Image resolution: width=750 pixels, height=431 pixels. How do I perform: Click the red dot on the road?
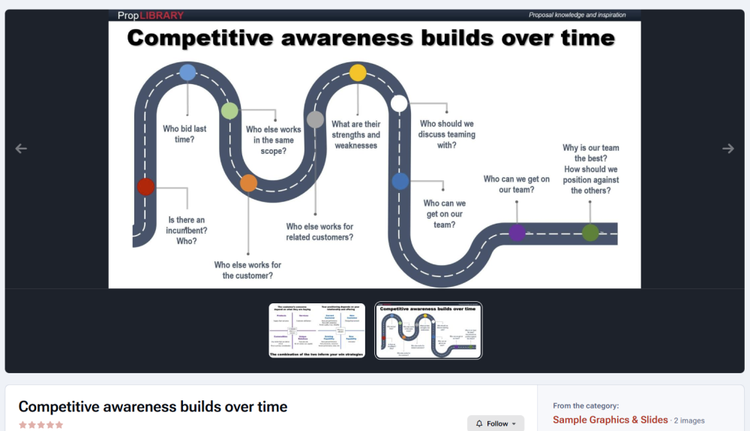click(x=145, y=187)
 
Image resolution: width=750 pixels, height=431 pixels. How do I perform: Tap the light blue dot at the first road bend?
click(x=187, y=73)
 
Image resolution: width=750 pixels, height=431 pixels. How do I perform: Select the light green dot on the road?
click(x=229, y=111)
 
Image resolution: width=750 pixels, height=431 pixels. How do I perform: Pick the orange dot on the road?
click(x=248, y=182)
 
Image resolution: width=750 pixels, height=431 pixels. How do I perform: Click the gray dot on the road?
click(x=315, y=119)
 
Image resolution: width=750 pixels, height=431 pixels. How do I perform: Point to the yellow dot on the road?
click(x=358, y=73)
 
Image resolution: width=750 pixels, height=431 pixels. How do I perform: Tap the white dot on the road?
click(x=399, y=104)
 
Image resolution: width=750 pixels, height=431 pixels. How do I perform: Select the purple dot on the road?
click(x=517, y=233)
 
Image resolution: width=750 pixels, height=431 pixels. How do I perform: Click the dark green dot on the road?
click(x=590, y=233)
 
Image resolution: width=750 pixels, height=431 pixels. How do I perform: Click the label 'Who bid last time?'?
click(x=184, y=134)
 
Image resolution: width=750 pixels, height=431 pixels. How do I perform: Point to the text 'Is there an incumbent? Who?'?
click(x=187, y=231)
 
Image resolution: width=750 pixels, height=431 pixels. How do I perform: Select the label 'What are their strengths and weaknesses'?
click(x=356, y=134)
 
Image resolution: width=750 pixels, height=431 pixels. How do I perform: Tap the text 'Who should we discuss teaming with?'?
click(x=446, y=134)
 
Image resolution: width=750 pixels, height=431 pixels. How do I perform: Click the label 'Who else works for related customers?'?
click(x=319, y=231)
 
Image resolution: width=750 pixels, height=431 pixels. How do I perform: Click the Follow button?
click(x=496, y=423)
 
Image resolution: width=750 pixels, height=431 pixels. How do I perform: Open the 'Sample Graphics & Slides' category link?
click(x=610, y=420)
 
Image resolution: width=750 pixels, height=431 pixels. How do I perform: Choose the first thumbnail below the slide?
click(x=317, y=330)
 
